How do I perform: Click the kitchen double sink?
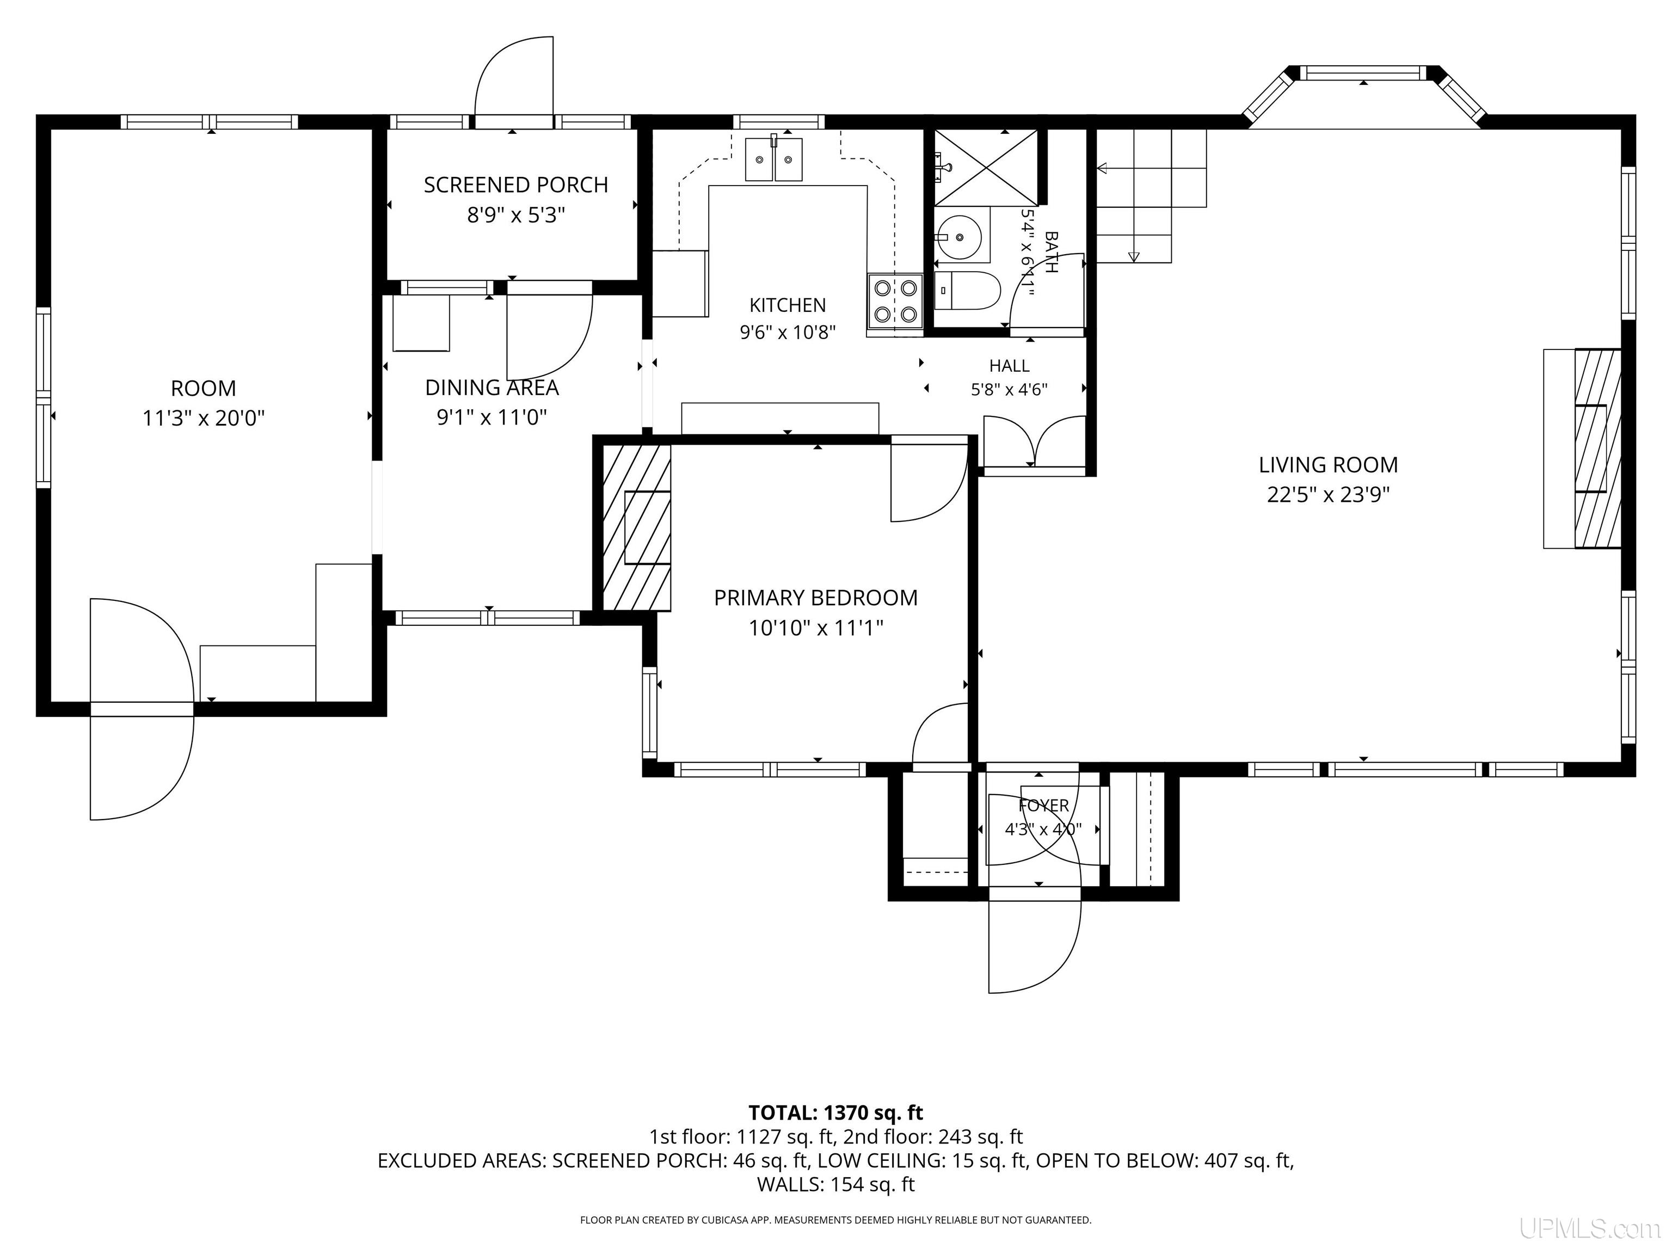pyautogui.click(x=773, y=159)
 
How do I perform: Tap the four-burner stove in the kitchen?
pyautogui.click(x=895, y=300)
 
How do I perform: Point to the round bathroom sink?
pyautogui.click(x=960, y=237)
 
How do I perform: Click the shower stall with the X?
pyautogui.click(x=986, y=167)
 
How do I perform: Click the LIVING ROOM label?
pyautogui.click(x=1328, y=465)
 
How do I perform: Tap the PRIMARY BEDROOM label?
pyautogui.click(x=816, y=598)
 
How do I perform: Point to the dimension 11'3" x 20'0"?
pyautogui.click(x=204, y=418)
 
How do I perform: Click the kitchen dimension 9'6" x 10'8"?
pyautogui.click(x=788, y=332)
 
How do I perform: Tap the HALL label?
pyautogui.click(x=1009, y=366)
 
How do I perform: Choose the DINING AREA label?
pyautogui.click(x=491, y=388)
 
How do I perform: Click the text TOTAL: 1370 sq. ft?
pyautogui.click(x=835, y=1112)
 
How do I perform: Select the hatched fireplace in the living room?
pyautogui.click(x=1598, y=448)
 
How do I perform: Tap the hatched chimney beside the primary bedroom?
pyautogui.click(x=636, y=527)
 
